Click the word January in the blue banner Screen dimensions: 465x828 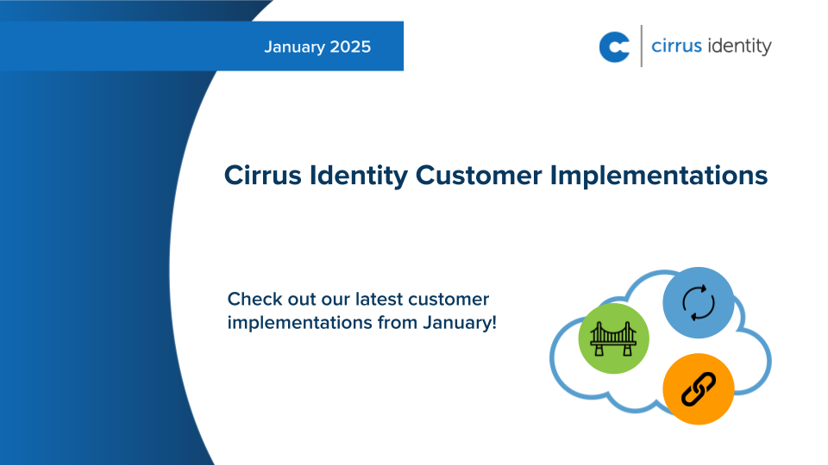coord(294,46)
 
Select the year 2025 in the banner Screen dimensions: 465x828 coord(349,46)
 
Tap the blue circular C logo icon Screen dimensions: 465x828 coord(614,46)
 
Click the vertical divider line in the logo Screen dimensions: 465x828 coord(641,46)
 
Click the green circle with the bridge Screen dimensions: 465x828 coord(613,338)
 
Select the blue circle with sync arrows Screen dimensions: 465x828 coord(698,302)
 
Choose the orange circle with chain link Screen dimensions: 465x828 coord(698,388)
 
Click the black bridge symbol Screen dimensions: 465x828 coord(613,338)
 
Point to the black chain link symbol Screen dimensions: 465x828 coord(698,388)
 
